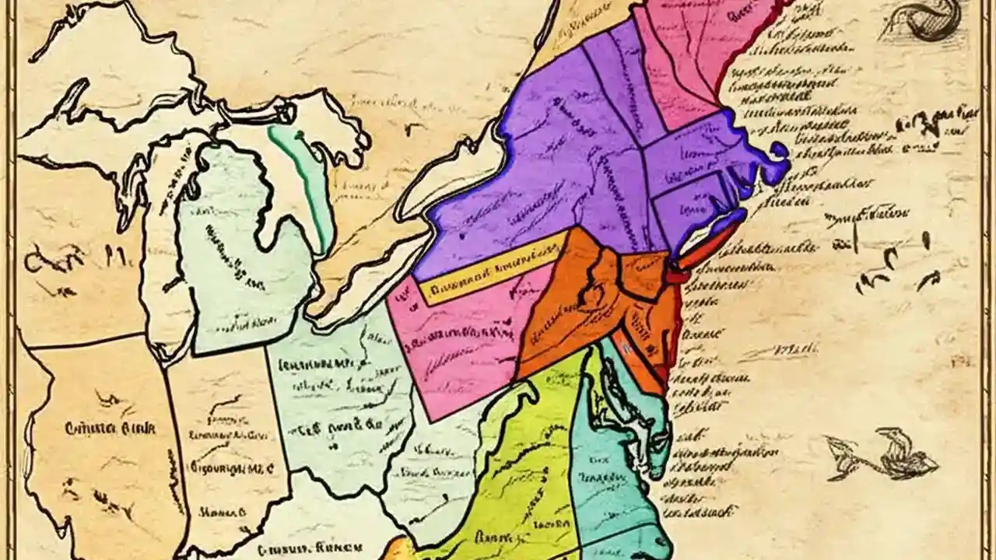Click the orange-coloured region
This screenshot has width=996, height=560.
click(576, 311)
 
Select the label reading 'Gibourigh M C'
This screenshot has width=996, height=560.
click(230, 468)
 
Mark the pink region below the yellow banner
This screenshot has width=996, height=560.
click(459, 342)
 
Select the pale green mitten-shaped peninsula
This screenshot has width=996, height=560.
click(249, 257)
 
